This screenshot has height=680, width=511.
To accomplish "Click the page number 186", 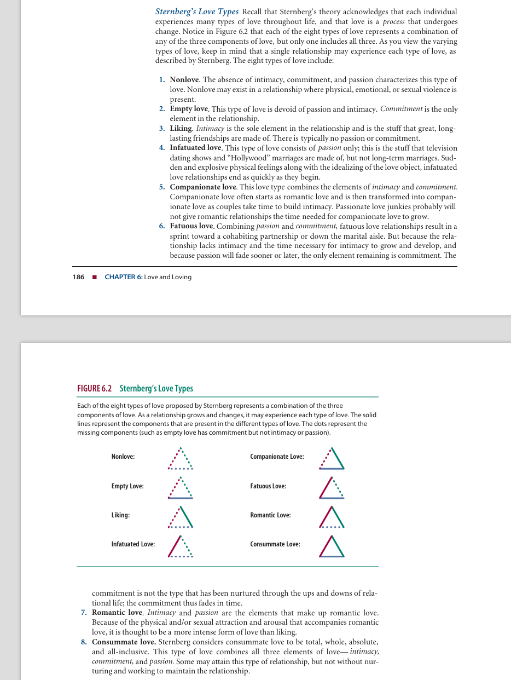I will point(78,277).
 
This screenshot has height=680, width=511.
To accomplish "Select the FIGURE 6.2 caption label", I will point(95,389).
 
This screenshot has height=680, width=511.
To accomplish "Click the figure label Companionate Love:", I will point(277,457).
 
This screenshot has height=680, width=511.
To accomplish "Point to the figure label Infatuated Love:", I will point(133,544).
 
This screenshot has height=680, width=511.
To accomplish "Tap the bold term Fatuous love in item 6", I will point(191,226).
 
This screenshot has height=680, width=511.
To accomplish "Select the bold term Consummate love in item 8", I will point(124,641).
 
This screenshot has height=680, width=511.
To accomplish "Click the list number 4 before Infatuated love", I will point(161,148).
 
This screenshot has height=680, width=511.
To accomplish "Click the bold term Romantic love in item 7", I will point(117,612).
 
